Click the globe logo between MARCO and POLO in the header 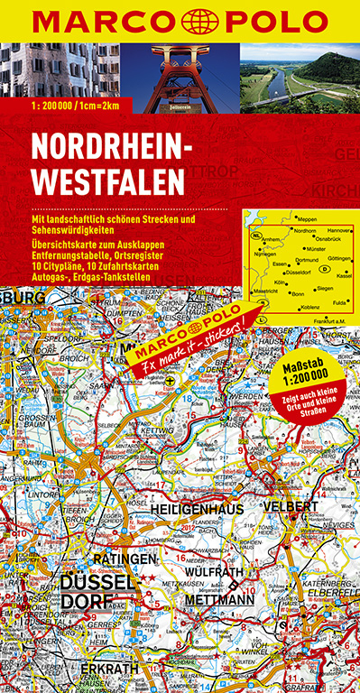(180, 21)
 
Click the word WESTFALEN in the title (108, 179)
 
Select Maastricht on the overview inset (263, 291)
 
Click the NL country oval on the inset (256, 235)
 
